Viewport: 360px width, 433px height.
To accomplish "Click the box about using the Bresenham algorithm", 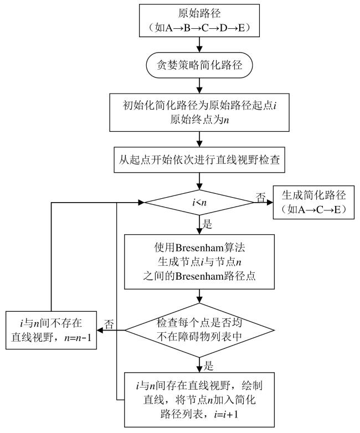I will coord(199,261).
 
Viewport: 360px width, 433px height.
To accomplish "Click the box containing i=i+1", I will coord(199,399).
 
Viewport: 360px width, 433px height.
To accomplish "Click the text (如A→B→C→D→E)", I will coord(199,27).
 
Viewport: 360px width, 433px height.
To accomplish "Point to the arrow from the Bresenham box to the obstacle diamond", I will coord(199,296).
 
